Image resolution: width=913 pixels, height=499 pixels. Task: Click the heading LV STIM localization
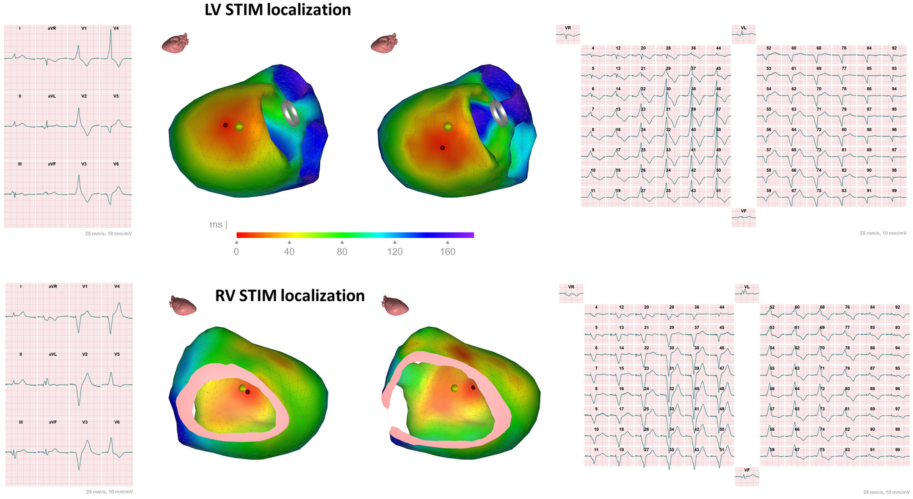(x=277, y=10)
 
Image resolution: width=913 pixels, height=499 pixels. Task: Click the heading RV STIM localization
(x=290, y=296)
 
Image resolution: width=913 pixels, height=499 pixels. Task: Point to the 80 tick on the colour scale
(x=342, y=251)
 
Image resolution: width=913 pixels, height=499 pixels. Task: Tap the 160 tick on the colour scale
(x=448, y=251)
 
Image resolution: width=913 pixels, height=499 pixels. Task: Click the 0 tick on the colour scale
(x=237, y=251)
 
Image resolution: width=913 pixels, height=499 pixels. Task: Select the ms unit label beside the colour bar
(x=216, y=225)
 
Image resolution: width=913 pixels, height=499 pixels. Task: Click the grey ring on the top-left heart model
(x=290, y=113)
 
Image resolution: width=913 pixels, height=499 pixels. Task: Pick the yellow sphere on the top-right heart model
(x=448, y=127)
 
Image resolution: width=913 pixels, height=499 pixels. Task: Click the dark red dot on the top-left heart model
(x=225, y=125)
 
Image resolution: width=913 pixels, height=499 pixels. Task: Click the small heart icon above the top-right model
(x=384, y=43)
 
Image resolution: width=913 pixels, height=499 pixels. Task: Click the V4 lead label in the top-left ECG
(x=116, y=28)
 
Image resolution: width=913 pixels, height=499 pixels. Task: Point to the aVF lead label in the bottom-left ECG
(x=53, y=422)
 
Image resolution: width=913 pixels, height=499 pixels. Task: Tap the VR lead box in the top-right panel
(x=568, y=34)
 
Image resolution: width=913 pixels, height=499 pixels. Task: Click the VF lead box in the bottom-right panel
(x=747, y=476)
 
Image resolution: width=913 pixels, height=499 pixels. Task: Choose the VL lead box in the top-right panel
(x=743, y=34)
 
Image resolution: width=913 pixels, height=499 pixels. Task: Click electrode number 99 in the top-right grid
(x=894, y=191)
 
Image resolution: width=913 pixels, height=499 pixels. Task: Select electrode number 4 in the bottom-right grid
(x=596, y=307)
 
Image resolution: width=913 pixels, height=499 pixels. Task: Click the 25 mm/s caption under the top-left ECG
(x=108, y=234)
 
